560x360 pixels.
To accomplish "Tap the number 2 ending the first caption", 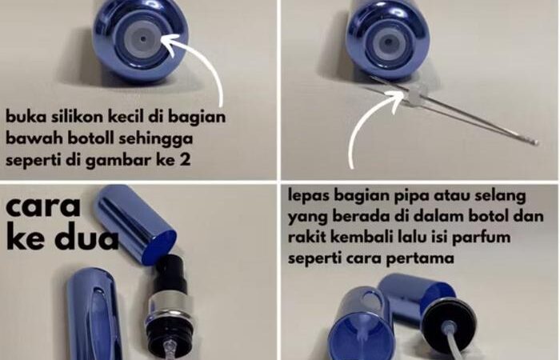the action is pyautogui.click(x=185, y=159).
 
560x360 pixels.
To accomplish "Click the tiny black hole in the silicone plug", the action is pyautogui.click(x=143, y=39).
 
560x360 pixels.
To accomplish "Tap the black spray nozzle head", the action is pyautogui.click(x=174, y=272).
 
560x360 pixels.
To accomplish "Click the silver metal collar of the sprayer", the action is pyautogui.click(x=168, y=306).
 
